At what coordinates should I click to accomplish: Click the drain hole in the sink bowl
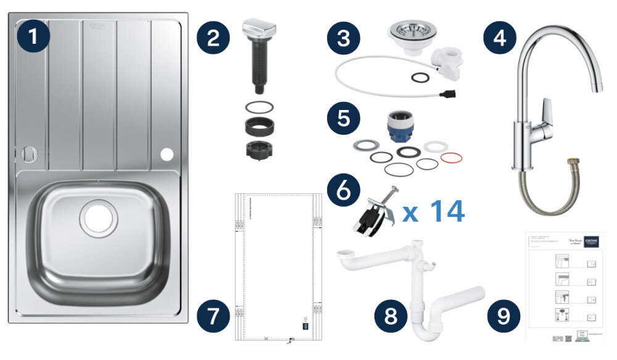[97, 217]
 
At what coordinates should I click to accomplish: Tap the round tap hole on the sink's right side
[167, 154]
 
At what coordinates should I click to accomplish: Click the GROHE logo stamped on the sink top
[99, 25]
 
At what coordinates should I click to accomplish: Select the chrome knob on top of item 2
[257, 28]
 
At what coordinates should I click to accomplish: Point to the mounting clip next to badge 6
[371, 214]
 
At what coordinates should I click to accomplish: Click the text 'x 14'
[433, 211]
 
